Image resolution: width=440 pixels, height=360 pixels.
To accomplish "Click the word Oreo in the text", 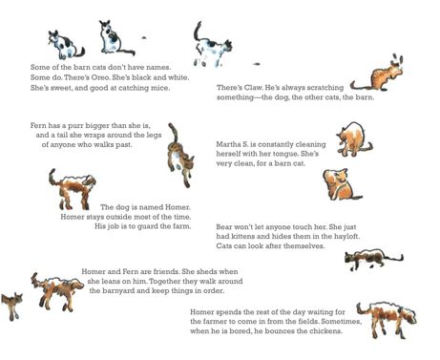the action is tap(100, 77).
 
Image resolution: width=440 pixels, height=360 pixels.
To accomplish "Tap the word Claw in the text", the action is tap(253, 88).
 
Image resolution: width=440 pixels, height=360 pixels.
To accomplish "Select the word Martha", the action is tap(228, 144).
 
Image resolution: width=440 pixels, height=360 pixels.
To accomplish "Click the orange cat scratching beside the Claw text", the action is tap(378, 74).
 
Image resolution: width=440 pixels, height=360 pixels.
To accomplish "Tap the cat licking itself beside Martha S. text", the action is tap(354, 139).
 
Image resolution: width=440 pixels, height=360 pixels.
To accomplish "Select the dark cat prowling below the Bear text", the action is tap(374, 259).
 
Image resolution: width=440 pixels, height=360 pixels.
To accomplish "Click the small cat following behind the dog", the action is tap(12, 306).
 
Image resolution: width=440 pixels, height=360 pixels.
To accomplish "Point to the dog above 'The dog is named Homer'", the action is tap(73, 188).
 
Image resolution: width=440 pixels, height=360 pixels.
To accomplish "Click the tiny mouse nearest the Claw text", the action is tap(257, 64).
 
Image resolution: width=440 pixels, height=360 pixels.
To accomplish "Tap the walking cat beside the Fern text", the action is tap(180, 155).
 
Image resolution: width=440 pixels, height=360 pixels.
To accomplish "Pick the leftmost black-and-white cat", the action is tap(66, 45).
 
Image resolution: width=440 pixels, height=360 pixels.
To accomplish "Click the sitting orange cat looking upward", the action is tap(341, 184).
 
